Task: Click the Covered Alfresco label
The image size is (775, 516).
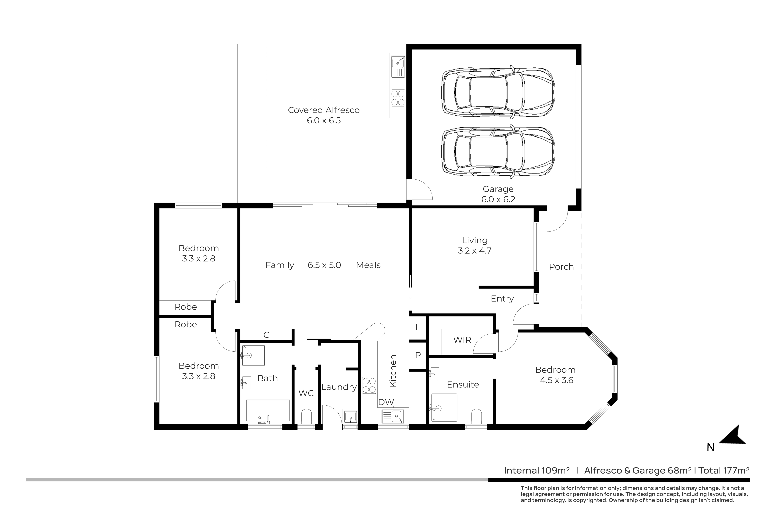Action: pos(324,110)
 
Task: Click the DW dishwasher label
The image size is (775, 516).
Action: pos(386,402)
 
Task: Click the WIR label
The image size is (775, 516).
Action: pos(462,340)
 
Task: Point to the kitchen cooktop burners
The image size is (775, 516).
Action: pos(369,385)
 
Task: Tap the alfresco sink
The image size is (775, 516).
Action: pos(398,67)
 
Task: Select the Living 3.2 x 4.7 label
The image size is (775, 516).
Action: pos(474,245)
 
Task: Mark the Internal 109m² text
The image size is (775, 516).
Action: pos(537,471)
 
